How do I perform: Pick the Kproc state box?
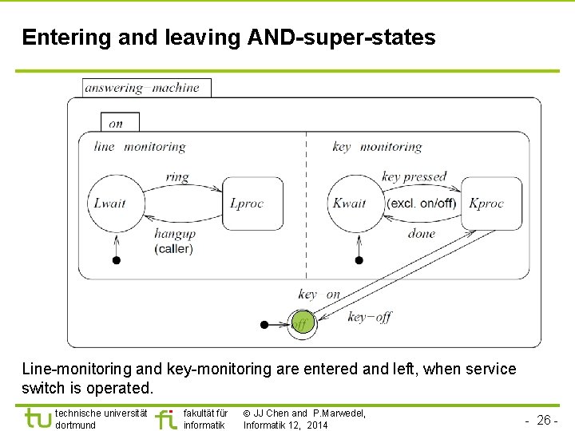tap(491, 204)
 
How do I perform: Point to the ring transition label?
tap(177, 177)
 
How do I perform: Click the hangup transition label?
tap(174, 234)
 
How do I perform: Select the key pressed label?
tap(414, 177)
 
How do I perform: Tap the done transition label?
tap(421, 234)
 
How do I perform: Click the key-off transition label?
tap(369, 317)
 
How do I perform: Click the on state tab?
tap(117, 123)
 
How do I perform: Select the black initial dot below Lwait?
tap(117, 259)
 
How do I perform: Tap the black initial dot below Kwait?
tap(359, 259)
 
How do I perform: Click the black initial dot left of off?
tap(264, 325)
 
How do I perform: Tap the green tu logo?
tap(38, 418)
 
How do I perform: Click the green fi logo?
tap(165, 419)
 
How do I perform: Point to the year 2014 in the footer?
tap(315, 425)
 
